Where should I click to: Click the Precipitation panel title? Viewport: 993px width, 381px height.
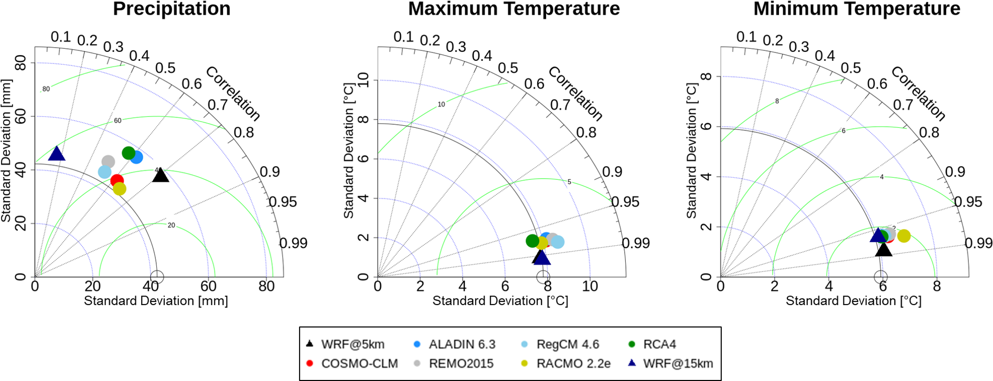pos(172,9)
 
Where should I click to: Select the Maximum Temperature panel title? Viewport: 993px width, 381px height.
pos(514,9)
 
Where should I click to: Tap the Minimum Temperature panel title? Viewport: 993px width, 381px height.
pos(857,9)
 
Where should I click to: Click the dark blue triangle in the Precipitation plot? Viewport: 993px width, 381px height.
pos(56,154)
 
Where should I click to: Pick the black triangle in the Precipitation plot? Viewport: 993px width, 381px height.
pos(161,176)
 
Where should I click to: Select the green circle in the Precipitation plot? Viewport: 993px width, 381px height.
pos(129,153)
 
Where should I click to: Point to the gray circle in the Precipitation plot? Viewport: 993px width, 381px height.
pos(108,161)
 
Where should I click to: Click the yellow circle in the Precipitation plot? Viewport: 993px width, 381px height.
pos(120,189)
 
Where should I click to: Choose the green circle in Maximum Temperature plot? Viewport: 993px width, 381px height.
pos(532,241)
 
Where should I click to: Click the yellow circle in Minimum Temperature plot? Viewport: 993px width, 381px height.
pos(904,236)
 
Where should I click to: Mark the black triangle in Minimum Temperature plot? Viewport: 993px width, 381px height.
pos(884,250)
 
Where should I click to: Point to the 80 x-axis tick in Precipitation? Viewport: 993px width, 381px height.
pos(266,286)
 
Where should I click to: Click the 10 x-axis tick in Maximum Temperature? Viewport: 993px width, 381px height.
pos(590,286)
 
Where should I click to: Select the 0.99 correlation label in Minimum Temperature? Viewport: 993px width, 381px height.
pos(979,243)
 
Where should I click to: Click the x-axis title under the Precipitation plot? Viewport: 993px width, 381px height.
pos(156,301)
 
